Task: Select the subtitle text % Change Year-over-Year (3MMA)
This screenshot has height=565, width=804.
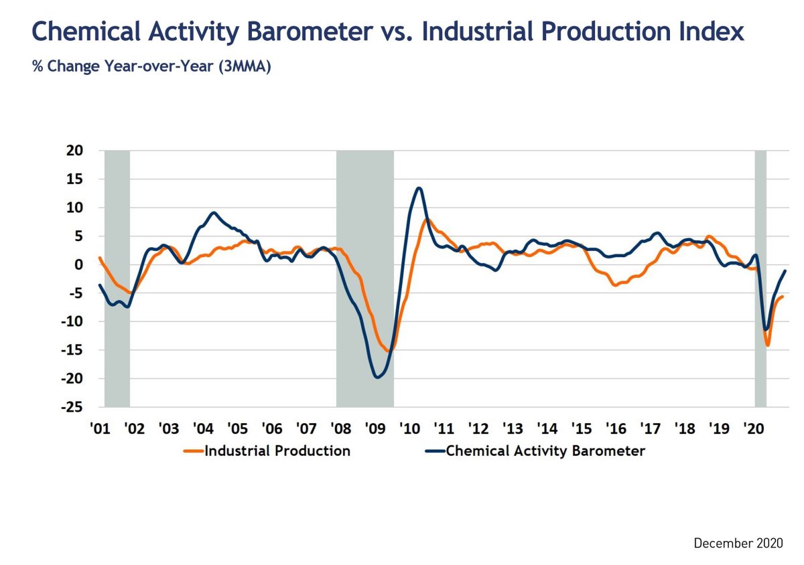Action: pos(151,67)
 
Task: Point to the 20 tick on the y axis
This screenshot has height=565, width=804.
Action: pos(74,151)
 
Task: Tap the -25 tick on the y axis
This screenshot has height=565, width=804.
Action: pos(72,407)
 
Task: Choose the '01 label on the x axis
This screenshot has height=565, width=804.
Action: pos(99,428)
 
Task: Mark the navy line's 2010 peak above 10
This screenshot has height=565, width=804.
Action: pos(419,188)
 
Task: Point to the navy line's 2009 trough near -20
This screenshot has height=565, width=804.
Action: pos(378,377)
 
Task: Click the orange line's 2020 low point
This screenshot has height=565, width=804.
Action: pos(768,345)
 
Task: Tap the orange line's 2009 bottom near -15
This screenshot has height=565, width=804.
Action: pos(389,350)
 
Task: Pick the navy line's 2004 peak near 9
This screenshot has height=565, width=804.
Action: pos(213,213)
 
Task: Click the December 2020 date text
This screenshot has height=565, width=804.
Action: pos(738,543)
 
